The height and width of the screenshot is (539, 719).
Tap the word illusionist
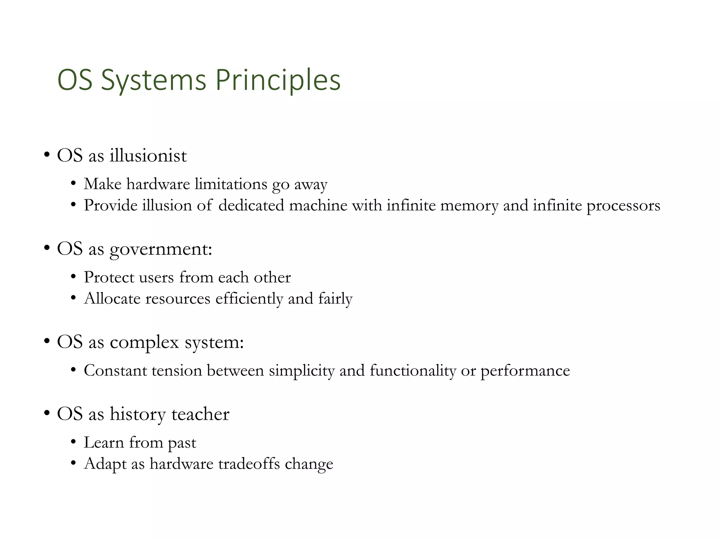click(x=148, y=155)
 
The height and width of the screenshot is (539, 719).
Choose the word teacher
click(x=200, y=414)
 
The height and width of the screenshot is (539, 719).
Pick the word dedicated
click(x=251, y=205)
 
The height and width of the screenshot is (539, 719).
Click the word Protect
click(x=109, y=278)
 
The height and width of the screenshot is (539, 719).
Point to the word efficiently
click(x=249, y=299)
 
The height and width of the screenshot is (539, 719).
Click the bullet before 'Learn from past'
click(x=73, y=442)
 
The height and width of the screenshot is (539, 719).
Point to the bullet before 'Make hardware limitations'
click(x=73, y=184)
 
